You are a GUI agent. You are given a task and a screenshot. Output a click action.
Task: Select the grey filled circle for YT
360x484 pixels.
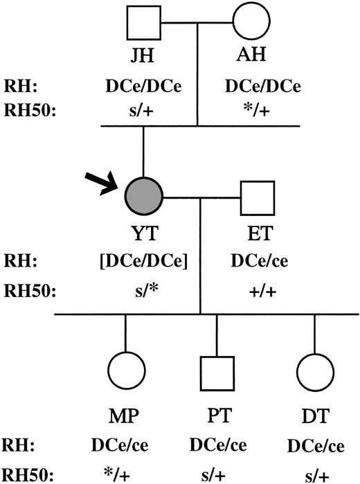coord(143,199)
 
